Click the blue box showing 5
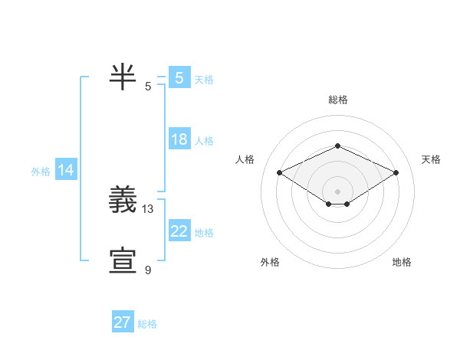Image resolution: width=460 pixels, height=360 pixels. [179, 77]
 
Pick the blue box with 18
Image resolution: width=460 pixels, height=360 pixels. [179, 139]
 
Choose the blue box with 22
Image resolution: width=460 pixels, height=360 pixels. [179, 231]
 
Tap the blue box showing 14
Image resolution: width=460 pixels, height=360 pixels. [66, 171]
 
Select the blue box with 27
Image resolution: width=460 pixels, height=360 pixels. [123, 322]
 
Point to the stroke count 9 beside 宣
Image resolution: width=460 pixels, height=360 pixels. [148, 270]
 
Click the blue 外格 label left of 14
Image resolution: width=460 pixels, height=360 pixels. [41, 172]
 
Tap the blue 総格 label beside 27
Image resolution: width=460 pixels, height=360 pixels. [147, 324]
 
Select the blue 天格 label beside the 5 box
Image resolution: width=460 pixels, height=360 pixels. [204, 79]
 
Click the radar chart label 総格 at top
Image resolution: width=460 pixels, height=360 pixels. [337, 100]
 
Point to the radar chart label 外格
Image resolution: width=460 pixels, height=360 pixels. [270, 262]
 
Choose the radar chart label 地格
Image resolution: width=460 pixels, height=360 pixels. [402, 262]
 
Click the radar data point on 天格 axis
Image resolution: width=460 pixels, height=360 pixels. [396, 173]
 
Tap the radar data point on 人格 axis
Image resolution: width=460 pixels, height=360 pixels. [280, 173]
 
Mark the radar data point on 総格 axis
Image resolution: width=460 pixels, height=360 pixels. [337, 146]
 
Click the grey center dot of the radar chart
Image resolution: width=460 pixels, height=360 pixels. [337, 191]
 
